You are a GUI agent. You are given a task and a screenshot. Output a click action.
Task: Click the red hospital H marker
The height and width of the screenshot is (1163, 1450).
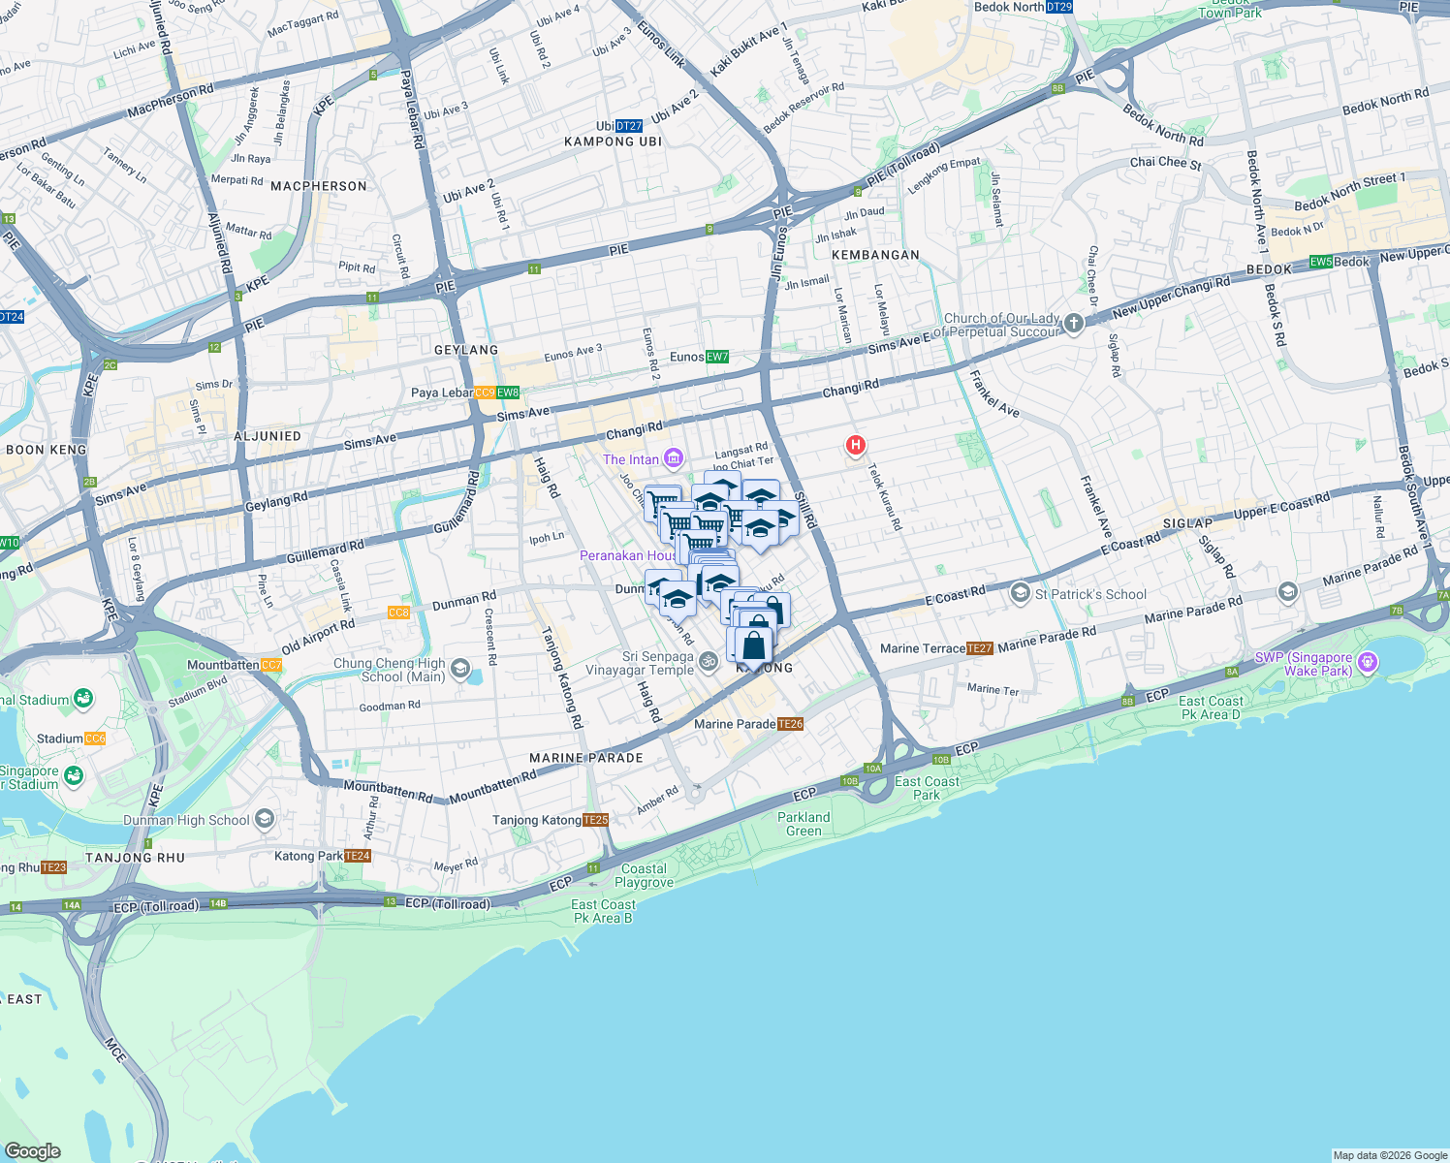pos(856,445)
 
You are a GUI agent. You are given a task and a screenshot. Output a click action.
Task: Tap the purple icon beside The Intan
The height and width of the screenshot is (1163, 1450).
pos(674,458)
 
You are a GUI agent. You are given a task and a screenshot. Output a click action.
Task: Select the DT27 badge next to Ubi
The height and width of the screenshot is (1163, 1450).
pos(629,126)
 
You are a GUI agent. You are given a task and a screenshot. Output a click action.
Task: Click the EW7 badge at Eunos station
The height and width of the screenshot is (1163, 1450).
pos(717,357)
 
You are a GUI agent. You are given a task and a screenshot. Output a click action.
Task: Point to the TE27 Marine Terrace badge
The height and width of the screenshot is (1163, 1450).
pos(980,648)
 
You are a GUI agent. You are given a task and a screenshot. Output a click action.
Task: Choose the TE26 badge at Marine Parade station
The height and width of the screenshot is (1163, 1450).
pos(791,724)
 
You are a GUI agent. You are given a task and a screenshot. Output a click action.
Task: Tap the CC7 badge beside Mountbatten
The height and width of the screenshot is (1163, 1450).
pos(271,665)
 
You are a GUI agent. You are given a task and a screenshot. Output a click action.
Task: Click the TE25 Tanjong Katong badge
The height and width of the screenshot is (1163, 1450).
pos(596,820)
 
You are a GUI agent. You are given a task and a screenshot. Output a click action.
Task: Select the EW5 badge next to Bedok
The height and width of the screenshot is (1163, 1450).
pos(1321,262)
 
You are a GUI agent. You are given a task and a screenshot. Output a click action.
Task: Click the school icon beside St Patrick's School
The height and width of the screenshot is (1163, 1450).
pos(1020,593)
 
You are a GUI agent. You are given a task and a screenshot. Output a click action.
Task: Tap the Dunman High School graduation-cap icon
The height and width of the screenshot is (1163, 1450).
pos(265,820)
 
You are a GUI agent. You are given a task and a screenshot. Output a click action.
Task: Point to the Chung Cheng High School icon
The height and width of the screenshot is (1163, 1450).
pos(460,669)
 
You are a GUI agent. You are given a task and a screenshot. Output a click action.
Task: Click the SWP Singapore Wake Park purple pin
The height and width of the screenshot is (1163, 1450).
pos(1368,663)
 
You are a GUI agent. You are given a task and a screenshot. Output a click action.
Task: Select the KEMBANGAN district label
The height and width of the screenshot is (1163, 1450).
pos(875,255)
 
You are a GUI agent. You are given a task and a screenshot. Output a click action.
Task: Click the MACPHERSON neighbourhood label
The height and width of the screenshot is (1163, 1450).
pos(319,186)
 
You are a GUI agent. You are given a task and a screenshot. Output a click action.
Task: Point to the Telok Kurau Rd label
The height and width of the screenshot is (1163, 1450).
pos(885,497)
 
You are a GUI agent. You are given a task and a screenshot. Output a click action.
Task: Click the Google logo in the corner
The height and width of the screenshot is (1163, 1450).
pos(32,1151)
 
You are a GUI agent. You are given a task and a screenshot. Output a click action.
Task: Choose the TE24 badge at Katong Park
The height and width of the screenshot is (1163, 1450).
pos(358,856)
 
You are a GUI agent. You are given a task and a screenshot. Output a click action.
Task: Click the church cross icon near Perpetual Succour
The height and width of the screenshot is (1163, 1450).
pos(1074,324)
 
